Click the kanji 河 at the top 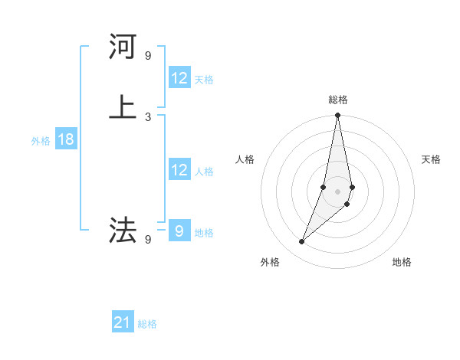(123, 47)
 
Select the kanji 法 (123, 230)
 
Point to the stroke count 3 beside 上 (148, 116)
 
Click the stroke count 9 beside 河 (148, 56)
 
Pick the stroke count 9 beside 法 (148, 240)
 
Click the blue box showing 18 (65, 139)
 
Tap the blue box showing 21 (123, 322)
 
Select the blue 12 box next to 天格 (179, 78)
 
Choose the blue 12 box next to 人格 (179, 170)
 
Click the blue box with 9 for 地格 (179, 231)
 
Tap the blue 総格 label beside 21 (147, 324)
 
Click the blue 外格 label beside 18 (40, 141)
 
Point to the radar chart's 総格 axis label (338, 100)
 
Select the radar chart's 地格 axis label (402, 263)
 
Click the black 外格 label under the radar (270, 263)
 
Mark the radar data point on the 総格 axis (337, 116)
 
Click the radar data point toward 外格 (301, 242)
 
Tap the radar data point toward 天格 (352, 187)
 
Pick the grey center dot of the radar (337, 191)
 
